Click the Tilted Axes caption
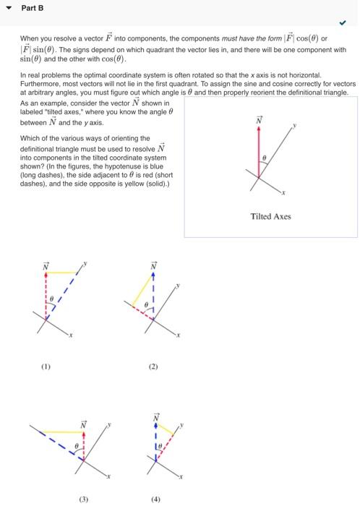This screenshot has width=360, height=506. tap(270, 216)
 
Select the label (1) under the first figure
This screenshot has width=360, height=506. tap(47, 366)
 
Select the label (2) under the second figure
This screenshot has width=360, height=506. tap(153, 366)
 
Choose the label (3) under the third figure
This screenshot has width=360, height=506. tap(84, 498)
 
